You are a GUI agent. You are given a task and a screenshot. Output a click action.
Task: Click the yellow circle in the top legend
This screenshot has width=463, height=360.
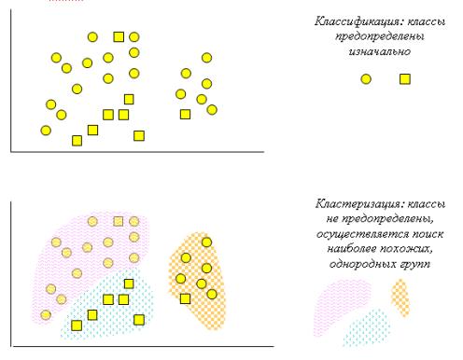click(x=366, y=79)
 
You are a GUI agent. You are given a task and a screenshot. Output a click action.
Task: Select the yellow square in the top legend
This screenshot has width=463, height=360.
click(x=405, y=79)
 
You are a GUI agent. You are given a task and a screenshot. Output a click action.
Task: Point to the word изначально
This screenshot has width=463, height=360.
click(x=383, y=52)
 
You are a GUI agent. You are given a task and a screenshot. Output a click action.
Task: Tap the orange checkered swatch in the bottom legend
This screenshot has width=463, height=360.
click(x=400, y=297)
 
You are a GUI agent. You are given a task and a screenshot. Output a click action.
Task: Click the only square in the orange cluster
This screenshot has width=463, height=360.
click(x=185, y=298)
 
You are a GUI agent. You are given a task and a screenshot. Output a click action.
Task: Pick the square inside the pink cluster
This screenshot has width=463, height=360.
click(x=119, y=221)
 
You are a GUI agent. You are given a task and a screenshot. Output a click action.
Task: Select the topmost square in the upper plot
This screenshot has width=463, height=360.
click(x=119, y=37)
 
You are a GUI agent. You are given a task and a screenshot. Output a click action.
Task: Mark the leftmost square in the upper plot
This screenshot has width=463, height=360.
click(x=77, y=141)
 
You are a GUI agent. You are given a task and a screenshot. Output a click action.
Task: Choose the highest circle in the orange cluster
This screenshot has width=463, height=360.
click(x=206, y=242)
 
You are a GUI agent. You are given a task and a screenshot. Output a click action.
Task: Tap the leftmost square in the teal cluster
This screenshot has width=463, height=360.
click(x=77, y=325)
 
